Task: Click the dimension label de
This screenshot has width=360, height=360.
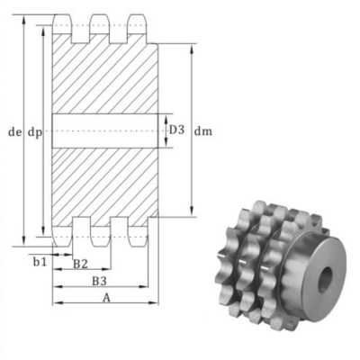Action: (x=13, y=131)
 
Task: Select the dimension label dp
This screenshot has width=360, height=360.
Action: (x=34, y=131)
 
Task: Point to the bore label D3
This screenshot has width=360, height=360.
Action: (x=177, y=130)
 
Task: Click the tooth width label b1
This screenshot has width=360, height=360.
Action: (x=39, y=262)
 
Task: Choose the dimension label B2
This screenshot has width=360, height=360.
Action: (x=79, y=264)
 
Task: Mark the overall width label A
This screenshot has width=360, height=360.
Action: (x=105, y=298)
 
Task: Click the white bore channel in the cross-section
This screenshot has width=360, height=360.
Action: (x=105, y=130)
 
